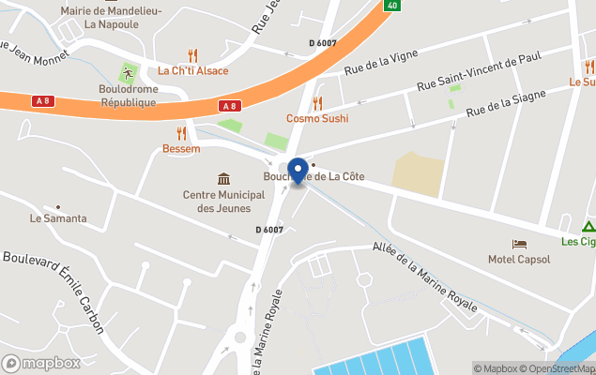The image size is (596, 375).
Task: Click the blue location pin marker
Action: (x=298, y=172)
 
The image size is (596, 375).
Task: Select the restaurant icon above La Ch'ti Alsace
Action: (x=192, y=54)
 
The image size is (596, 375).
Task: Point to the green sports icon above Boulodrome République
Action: (x=127, y=73)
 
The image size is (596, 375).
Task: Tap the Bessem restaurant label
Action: (x=181, y=149)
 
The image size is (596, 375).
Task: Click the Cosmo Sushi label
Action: (x=317, y=119)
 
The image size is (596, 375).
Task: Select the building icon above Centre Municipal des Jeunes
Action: (x=224, y=179)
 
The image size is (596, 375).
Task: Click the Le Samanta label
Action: (x=58, y=218)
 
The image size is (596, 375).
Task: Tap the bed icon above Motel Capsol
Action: (x=519, y=244)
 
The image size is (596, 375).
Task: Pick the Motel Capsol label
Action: (x=519, y=259)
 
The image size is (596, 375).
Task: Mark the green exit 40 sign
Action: (x=391, y=5)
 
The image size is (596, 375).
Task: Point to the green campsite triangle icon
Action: (x=588, y=226)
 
